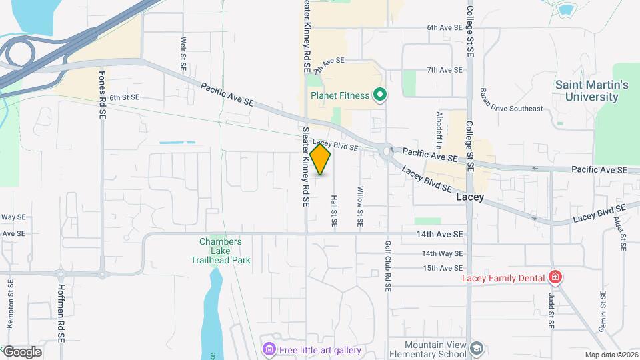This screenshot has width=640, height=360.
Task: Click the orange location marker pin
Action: tap(321, 159)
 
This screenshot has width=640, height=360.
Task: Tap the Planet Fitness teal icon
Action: tap(380, 95)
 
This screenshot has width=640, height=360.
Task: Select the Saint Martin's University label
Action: tap(592, 91)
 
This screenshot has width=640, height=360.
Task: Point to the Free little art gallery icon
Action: tap(269, 349)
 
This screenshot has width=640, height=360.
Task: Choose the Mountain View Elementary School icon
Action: tap(476, 349)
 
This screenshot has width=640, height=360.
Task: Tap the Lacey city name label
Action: tap(469, 197)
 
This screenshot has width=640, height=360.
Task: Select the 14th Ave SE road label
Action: tap(439, 234)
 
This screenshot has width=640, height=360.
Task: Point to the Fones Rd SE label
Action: tap(102, 95)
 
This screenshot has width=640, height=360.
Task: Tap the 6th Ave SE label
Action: tap(445, 28)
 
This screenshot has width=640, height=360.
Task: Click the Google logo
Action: tap(22, 352)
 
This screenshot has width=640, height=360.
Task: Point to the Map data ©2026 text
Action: tap(611, 355)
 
